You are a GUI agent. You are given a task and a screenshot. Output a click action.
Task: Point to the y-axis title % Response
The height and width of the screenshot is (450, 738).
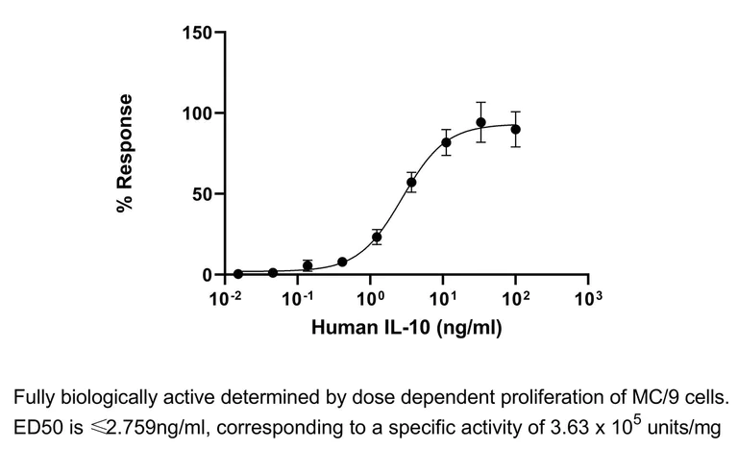click(125, 154)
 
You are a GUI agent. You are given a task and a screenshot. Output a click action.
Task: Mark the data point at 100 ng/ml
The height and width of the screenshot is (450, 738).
click(516, 129)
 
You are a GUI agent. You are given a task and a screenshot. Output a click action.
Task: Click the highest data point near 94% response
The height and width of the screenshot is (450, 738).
click(480, 122)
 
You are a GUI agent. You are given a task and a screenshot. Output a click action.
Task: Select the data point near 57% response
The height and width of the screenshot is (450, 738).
click(411, 183)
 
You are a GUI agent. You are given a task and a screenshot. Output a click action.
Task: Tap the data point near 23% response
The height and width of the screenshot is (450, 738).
click(377, 237)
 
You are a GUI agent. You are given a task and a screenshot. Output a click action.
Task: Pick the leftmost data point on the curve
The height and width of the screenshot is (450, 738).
click(238, 274)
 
